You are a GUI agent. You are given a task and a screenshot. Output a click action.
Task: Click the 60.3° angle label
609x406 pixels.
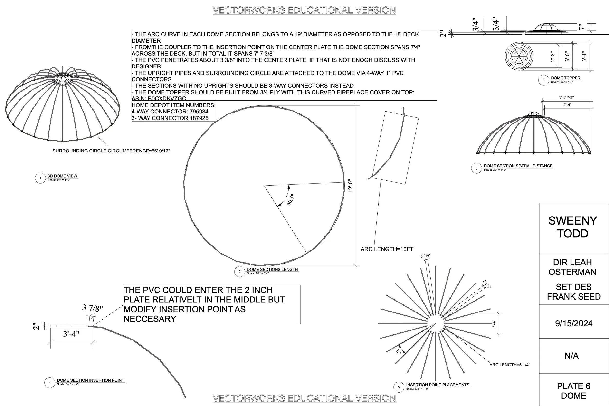pyautogui.click(x=291, y=200)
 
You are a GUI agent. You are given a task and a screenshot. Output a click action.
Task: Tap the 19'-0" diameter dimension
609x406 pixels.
pyautogui.click(x=350, y=186)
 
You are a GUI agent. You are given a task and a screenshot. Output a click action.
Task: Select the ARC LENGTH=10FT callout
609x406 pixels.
pyautogui.click(x=387, y=249)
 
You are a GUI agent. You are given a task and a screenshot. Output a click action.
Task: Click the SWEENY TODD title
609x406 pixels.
pyautogui.click(x=572, y=227)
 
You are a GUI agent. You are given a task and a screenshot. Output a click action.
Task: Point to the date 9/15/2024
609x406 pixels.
pyautogui.click(x=573, y=323)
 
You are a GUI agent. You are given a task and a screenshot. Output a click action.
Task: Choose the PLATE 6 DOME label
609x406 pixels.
pyautogui.click(x=573, y=391)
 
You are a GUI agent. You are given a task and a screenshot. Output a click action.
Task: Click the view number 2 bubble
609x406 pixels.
pyautogui.click(x=239, y=272)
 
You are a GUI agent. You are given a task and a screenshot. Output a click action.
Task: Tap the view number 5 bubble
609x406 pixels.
pyautogui.click(x=399, y=387)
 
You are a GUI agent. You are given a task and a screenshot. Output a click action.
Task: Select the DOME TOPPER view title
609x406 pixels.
pyautogui.click(x=565, y=78)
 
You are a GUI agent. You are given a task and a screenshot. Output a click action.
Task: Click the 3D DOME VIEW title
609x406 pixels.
pyautogui.click(x=62, y=176)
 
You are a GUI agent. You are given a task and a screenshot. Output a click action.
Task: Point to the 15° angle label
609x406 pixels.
pyautogui.click(x=399, y=352)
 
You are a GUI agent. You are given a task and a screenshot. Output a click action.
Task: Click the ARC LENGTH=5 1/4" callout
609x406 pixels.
pyautogui.click(x=510, y=365)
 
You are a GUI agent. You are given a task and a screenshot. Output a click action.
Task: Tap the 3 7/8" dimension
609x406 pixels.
pyautogui.click(x=92, y=308)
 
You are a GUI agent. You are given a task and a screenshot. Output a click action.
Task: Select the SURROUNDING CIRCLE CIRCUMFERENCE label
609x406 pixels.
pyautogui.click(x=111, y=151)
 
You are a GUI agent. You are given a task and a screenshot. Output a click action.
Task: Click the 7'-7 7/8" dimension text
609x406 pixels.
pyautogui.click(x=566, y=98)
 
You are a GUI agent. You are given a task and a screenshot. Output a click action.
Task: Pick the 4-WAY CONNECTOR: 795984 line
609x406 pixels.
pyautogui.click(x=170, y=112)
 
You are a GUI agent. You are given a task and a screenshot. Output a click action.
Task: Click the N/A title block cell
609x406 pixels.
pyautogui.click(x=571, y=356)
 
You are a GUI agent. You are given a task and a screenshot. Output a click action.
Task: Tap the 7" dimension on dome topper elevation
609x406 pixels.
pyautogui.click(x=581, y=27)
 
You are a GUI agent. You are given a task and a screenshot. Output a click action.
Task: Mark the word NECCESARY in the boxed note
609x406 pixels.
pyautogui.click(x=150, y=319)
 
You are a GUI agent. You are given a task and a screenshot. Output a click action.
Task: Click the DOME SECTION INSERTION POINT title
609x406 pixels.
pyautogui.click(x=90, y=380)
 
